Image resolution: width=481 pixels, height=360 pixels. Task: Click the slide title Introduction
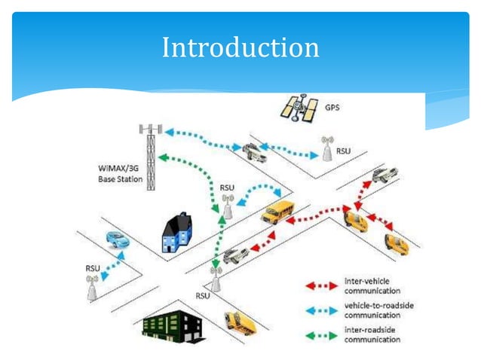tap(240, 48)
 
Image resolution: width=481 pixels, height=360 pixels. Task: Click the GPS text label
tap(332, 108)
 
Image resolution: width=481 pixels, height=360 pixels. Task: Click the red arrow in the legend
tap(323, 285)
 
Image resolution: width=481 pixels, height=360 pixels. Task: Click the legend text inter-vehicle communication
tap(372, 285)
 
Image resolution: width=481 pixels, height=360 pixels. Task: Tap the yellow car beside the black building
tap(240, 322)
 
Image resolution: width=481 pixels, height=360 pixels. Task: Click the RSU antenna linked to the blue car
tap(92, 286)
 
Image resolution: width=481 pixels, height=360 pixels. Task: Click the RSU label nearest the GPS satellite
tap(344, 151)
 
